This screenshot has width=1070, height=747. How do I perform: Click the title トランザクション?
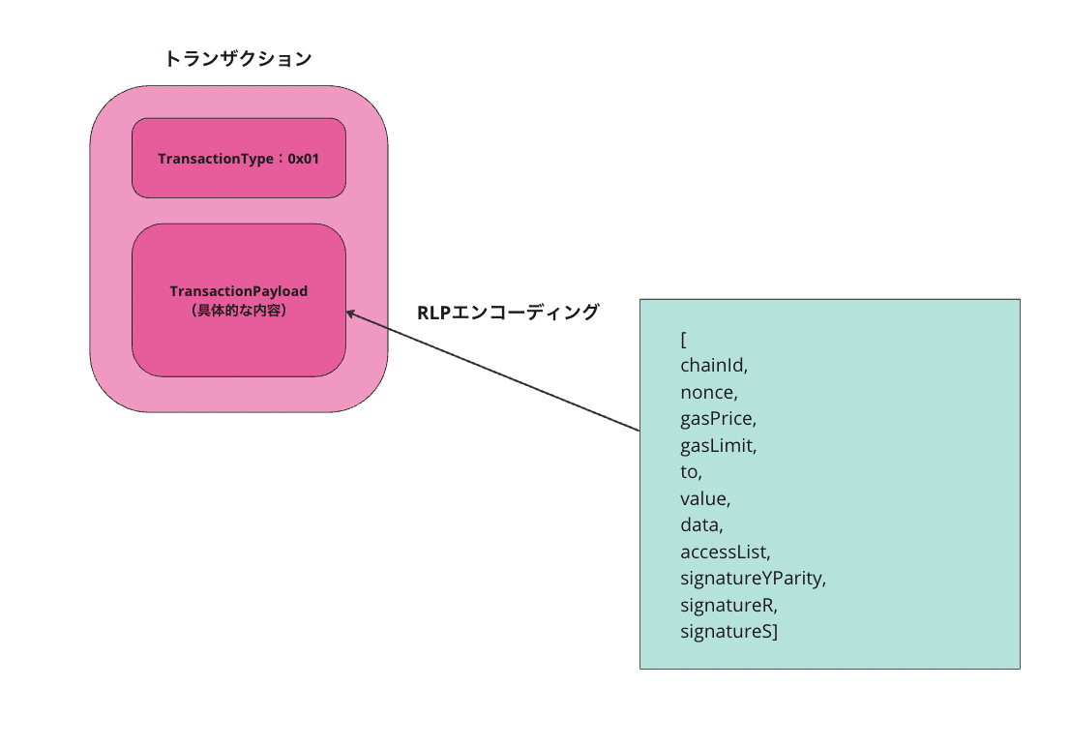(x=238, y=59)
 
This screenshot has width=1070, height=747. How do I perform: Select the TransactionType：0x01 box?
(x=239, y=158)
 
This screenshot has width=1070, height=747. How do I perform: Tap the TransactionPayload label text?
(x=239, y=291)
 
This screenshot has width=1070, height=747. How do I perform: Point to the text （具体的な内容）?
(x=239, y=311)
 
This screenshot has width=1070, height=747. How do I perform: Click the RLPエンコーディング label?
(x=508, y=312)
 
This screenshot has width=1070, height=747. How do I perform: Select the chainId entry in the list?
(x=714, y=366)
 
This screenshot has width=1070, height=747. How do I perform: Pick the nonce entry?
(x=709, y=393)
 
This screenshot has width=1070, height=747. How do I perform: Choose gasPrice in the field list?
(x=719, y=419)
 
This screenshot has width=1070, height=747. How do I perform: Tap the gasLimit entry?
(x=719, y=445)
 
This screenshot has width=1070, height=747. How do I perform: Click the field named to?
(x=692, y=472)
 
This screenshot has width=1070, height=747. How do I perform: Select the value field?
(x=705, y=498)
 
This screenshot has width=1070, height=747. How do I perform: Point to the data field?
(x=701, y=525)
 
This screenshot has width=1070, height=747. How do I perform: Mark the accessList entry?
(x=726, y=552)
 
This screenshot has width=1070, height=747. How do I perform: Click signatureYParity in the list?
(x=754, y=579)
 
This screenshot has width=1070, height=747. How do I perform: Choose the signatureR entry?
(x=728, y=605)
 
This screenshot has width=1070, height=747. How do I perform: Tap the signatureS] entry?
(x=728, y=632)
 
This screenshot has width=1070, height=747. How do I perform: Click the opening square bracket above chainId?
(x=684, y=340)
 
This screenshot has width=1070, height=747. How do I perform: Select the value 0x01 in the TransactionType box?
(x=303, y=159)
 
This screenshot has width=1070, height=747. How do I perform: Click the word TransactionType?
(x=216, y=159)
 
